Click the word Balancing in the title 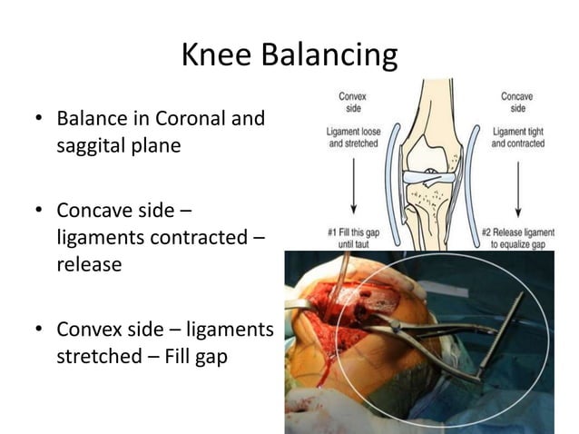(x=329, y=56)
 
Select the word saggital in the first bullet (x=95, y=145)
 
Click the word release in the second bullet (x=87, y=264)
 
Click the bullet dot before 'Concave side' (x=38, y=212)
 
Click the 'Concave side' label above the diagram (x=517, y=101)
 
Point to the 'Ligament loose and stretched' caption (x=353, y=137)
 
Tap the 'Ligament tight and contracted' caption (x=517, y=137)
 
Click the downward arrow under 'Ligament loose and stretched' (x=351, y=186)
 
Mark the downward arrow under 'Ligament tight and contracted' (x=516, y=186)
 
